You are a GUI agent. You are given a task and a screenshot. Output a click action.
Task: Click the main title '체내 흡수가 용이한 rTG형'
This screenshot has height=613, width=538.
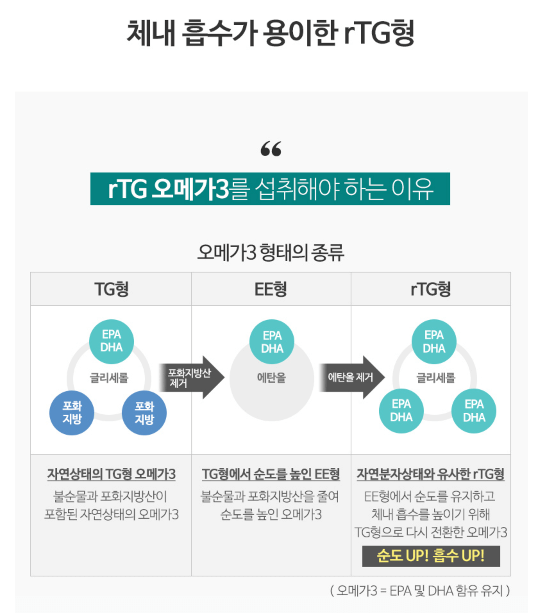coord(270,33)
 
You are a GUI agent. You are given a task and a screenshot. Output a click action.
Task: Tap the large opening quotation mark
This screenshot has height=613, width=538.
coord(271,149)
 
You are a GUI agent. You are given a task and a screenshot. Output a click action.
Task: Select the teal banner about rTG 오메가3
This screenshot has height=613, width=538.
coord(270,189)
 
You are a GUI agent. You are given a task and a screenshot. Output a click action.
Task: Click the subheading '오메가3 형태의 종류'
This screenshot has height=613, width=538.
coord(271,252)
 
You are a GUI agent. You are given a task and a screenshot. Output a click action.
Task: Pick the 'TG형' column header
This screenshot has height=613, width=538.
coord(111,289)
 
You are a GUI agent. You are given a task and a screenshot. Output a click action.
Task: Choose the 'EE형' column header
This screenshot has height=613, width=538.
coord(271,289)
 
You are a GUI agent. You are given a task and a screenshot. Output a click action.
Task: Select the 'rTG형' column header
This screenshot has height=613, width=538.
coord(431,289)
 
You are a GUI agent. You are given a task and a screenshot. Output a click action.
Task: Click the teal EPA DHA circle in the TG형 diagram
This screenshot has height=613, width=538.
coord(111,341)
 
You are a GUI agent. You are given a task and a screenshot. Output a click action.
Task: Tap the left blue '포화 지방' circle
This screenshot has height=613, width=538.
coord(72,413)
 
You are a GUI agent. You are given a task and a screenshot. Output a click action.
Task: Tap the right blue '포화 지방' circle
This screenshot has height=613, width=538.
coord(144,413)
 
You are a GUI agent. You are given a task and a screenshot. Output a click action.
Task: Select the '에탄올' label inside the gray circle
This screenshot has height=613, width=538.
coord(271,378)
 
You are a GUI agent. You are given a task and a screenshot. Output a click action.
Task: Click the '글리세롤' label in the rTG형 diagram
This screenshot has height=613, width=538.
coord(435,378)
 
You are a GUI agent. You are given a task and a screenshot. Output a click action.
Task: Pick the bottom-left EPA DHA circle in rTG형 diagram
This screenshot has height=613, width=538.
coord(401,411)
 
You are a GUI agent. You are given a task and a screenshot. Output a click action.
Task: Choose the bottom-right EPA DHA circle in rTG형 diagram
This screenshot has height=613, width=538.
coord(474,411)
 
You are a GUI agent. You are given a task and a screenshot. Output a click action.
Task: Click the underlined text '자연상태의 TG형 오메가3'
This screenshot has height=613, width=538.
coord(111,474)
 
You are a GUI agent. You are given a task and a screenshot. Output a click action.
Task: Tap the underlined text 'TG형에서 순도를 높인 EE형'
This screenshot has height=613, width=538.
coord(271,474)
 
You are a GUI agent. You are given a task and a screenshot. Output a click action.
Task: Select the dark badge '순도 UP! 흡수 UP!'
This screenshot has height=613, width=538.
coord(431,556)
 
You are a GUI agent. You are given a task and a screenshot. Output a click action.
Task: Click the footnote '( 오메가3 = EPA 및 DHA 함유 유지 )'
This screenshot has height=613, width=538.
coord(420,591)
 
